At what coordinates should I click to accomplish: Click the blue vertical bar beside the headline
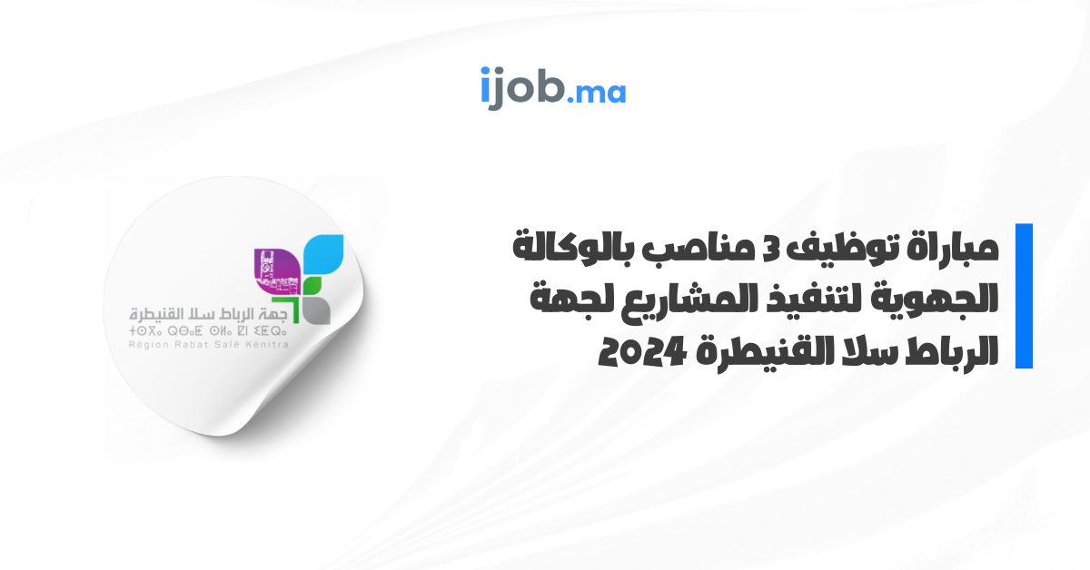1024,296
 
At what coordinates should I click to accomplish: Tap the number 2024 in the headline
642,352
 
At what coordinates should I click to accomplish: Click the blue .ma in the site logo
596,93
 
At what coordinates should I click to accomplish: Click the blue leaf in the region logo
323,253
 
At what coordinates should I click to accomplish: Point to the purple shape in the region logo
276,270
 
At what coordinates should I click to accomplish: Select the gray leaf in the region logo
317,310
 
